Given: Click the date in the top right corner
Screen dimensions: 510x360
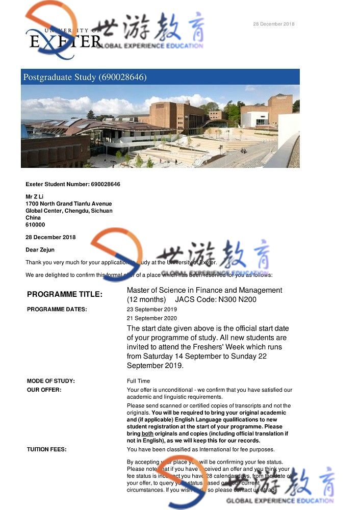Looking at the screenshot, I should click(x=274, y=24).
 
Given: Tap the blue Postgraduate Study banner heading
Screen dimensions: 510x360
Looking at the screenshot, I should click(x=85, y=77).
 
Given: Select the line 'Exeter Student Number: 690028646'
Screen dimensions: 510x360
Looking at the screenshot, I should click(x=73, y=184).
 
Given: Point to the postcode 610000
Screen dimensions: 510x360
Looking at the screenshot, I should click(x=35, y=224).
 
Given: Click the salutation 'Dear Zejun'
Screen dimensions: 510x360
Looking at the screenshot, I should click(x=40, y=250).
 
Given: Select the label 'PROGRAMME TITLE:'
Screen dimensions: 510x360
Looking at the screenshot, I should click(x=65, y=294).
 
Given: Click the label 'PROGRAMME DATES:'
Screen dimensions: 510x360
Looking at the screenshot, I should click(x=57, y=309).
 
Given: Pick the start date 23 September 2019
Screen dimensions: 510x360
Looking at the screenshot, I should click(x=152, y=309).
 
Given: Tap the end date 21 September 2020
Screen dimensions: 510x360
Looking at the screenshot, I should click(x=152, y=318).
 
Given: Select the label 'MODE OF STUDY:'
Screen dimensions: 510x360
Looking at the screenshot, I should click(x=50, y=381).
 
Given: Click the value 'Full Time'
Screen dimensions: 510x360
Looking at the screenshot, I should click(x=138, y=381).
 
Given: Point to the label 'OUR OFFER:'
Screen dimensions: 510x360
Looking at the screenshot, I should click(x=44, y=390).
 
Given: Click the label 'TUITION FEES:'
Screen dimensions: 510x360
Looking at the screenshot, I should click(x=46, y=449).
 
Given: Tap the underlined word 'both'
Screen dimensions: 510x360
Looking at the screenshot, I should click(x=147, y=433).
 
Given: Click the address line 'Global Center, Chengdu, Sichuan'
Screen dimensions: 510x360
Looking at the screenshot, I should click(x=69, y=211).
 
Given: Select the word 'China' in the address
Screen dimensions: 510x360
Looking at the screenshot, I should click(x=33, y=218).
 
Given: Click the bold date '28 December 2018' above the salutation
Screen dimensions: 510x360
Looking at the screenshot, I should click(x=50, y=237).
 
